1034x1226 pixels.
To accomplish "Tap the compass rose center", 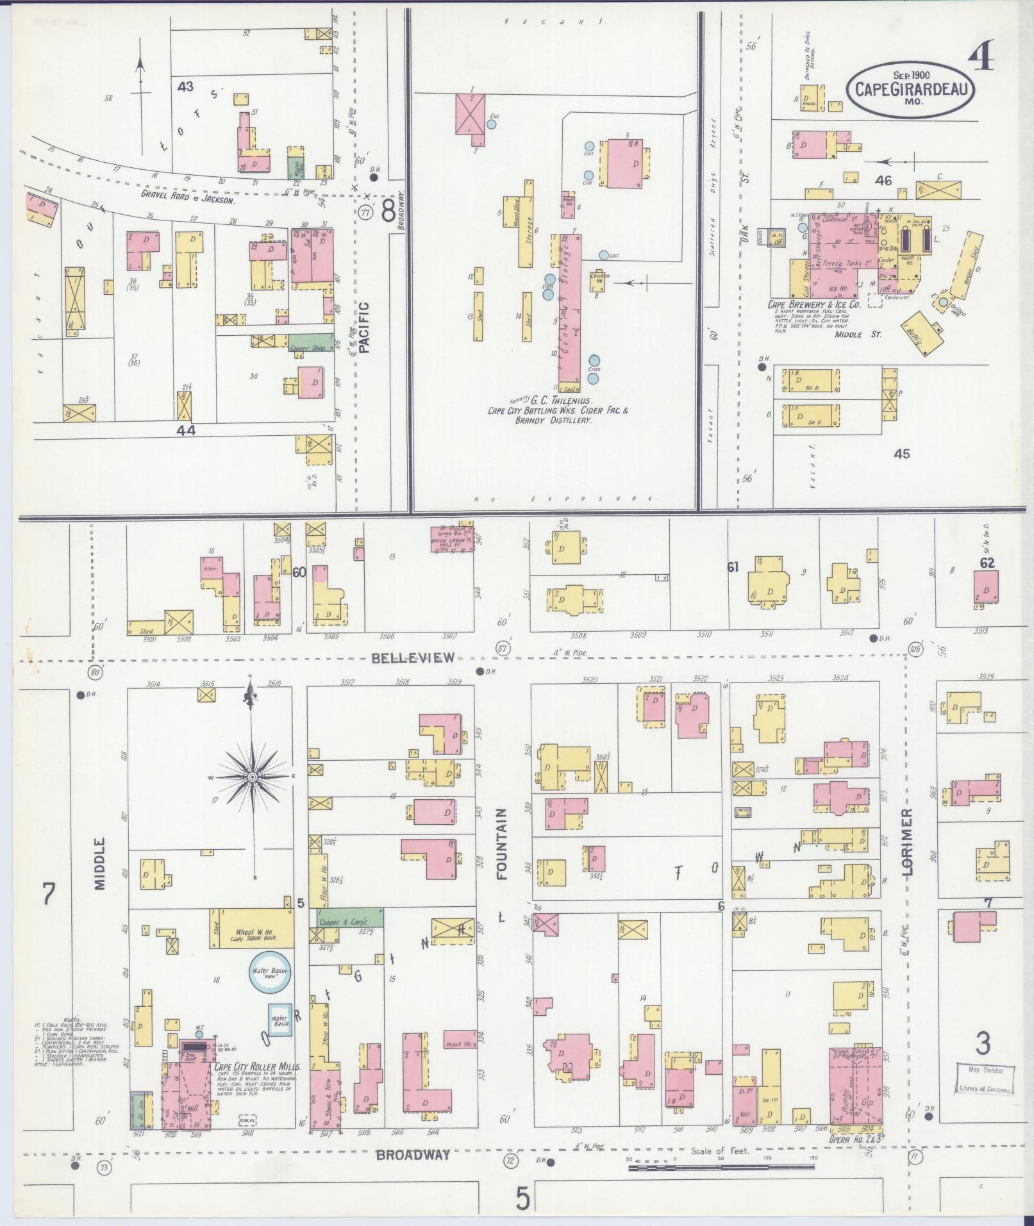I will [x=252, y=777].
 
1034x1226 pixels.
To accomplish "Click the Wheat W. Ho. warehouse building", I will [x=251, y=927].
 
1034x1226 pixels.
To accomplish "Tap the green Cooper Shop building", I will [x=310, y=344].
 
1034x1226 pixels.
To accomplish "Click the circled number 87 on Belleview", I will [x=503, y=648].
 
